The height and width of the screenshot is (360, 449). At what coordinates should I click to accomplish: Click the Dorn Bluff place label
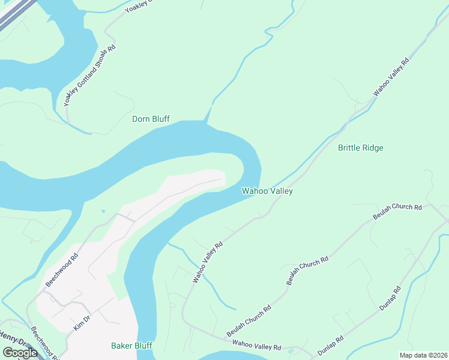151,119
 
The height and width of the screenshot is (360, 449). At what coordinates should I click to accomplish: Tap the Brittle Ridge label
360,148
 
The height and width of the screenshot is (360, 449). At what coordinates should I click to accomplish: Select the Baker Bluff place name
131,346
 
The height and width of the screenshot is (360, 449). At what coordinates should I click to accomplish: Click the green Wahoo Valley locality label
267,191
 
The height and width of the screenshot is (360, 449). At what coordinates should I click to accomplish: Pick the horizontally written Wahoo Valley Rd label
256,346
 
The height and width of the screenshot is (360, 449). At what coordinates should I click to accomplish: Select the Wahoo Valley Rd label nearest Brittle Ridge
391,76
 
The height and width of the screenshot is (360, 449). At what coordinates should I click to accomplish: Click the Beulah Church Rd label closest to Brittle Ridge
397,213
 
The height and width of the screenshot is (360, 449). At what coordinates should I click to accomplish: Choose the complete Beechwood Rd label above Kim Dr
62,271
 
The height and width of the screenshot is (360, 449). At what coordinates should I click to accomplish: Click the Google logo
20,353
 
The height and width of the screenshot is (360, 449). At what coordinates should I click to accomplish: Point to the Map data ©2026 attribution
423,355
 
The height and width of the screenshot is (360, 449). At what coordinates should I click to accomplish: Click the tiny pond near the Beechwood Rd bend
103,211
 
